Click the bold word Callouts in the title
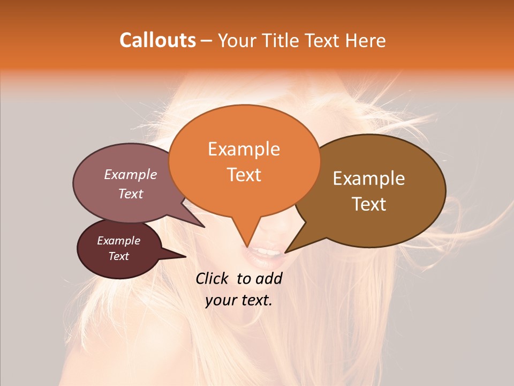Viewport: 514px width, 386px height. point(157,40)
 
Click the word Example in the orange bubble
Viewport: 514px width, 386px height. point(244,149)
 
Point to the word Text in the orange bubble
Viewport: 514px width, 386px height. point(244,175)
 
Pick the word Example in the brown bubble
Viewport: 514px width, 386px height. point(369,179)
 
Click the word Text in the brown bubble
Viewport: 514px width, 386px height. point(369,204)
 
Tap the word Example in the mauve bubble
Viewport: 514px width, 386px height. point(131,174)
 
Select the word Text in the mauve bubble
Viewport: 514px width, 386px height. point(131,194)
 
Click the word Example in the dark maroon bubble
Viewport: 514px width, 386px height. point(118,241)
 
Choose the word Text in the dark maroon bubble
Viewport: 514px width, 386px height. point(118,256)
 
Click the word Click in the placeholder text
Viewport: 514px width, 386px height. point(213,278)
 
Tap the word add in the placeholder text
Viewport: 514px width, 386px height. point(270,278)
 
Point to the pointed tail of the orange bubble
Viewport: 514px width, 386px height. point(247,241)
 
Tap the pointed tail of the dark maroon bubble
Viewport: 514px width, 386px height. point(179,256)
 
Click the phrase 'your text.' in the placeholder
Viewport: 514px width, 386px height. point(238,300)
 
